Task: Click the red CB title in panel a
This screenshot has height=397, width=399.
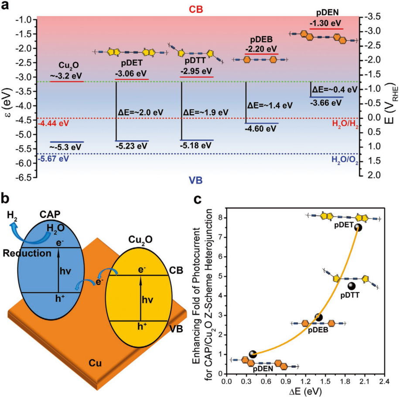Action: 196,10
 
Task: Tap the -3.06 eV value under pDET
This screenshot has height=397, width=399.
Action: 131,74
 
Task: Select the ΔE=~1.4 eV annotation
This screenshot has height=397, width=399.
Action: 270,106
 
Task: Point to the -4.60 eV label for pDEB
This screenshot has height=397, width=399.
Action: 261,129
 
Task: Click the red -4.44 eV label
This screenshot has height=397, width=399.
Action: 53,123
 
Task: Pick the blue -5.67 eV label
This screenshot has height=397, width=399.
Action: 53,159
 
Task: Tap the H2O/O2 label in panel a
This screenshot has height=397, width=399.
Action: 345,160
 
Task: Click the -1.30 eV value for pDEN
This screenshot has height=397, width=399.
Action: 325,23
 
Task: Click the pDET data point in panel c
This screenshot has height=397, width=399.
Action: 358,227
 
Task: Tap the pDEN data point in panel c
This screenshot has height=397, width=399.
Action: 252,354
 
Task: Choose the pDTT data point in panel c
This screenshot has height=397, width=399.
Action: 351,286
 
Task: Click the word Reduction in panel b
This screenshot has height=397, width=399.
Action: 27,253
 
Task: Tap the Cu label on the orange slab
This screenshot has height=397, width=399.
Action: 95,363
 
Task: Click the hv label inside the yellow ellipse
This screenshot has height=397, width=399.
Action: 147,300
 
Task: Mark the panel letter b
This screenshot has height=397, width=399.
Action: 5,198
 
